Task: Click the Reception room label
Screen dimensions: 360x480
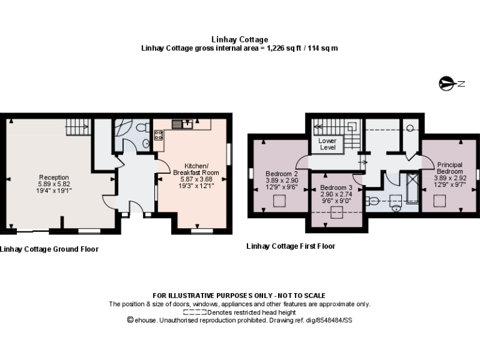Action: pyautogui.click(x=54, y=177)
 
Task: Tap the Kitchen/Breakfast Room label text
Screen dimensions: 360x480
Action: pyautogui.click(x=196, y=169)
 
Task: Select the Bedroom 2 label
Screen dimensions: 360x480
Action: pyautogui.click(x=281, y=173)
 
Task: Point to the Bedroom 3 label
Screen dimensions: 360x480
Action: pyautogui.click(x=336, y=187)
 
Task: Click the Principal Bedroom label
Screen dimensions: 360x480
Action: pyautogui.click(x=449, y=168)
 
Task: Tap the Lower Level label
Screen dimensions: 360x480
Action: pyautogui.click(x=327, y=144)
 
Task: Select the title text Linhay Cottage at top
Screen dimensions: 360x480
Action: pyautogui.click(x=240, y=40)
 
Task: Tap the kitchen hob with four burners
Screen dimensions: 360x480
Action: pyautogui.click(x=159, y=136)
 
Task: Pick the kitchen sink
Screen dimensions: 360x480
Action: pyautogui.click(x=182, y=124)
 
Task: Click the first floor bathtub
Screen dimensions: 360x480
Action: pyautogui.click(x=412, y=188)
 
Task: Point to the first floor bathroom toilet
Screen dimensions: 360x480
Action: pyautogui.click(x=372, y=201)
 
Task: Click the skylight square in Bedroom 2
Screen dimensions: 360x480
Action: pyautogui.click(x=281, y=201)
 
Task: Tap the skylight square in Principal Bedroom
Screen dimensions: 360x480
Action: pyautogui.click(x=441, y=200)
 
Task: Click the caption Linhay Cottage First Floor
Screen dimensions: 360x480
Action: pyautogui.click(x=291, y=246)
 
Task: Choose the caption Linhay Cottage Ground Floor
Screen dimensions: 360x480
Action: pyautogui.click(x=49, y=249)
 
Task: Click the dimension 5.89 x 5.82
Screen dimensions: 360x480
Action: pyautogui.click(x=54, y=184)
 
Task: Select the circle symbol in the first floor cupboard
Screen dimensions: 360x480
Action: pyautogui.click(x=410, y=127)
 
